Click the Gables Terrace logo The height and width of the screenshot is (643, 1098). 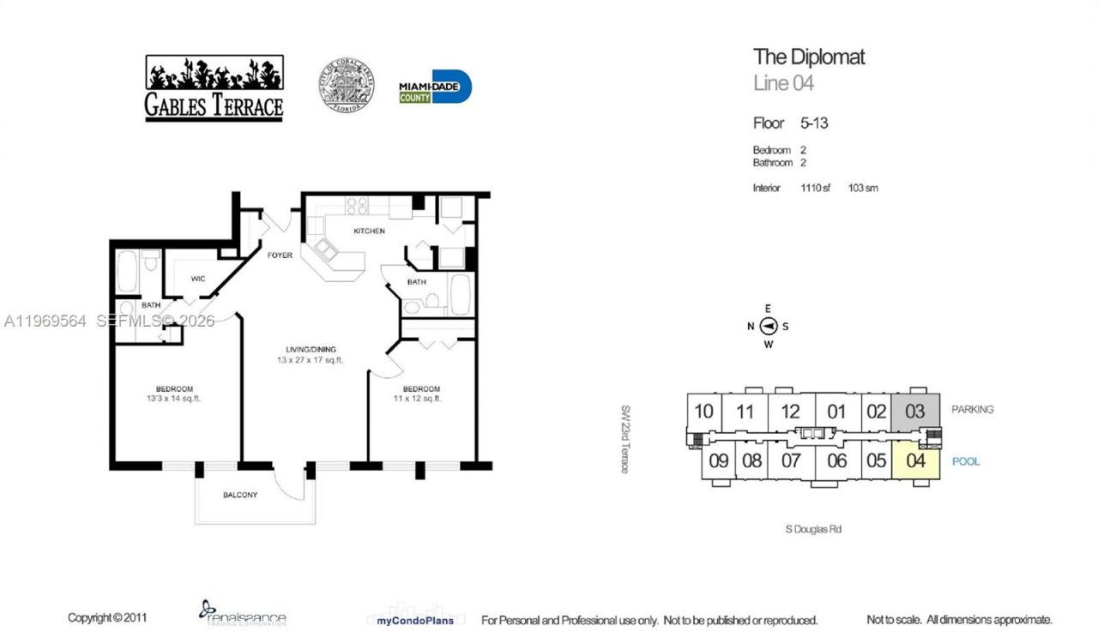(214, 88)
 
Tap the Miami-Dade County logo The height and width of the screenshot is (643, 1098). (435, 87)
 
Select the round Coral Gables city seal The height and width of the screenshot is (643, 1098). (347, 86)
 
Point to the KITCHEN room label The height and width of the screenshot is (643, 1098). (370, 231)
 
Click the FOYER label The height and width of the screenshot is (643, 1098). (280, 255)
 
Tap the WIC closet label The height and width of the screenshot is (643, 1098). (198, 278)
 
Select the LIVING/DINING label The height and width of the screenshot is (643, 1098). (311, 349)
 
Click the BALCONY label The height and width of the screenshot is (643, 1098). (240, 495)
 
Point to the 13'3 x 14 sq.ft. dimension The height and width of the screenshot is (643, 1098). (174, 399)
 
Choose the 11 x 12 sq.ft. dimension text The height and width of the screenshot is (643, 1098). (418, 399)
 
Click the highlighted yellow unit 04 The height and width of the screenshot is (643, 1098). (915, 460)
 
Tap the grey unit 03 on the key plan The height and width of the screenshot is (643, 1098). (915, 412)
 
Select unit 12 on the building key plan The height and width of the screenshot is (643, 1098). (790, 412)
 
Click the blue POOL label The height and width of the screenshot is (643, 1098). (966, 461)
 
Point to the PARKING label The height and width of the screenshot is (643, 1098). (972, 410)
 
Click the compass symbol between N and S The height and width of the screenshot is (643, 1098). (769, 326)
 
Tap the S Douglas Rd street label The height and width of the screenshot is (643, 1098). (813, 529)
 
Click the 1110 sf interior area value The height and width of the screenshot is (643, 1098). (815, 188)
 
